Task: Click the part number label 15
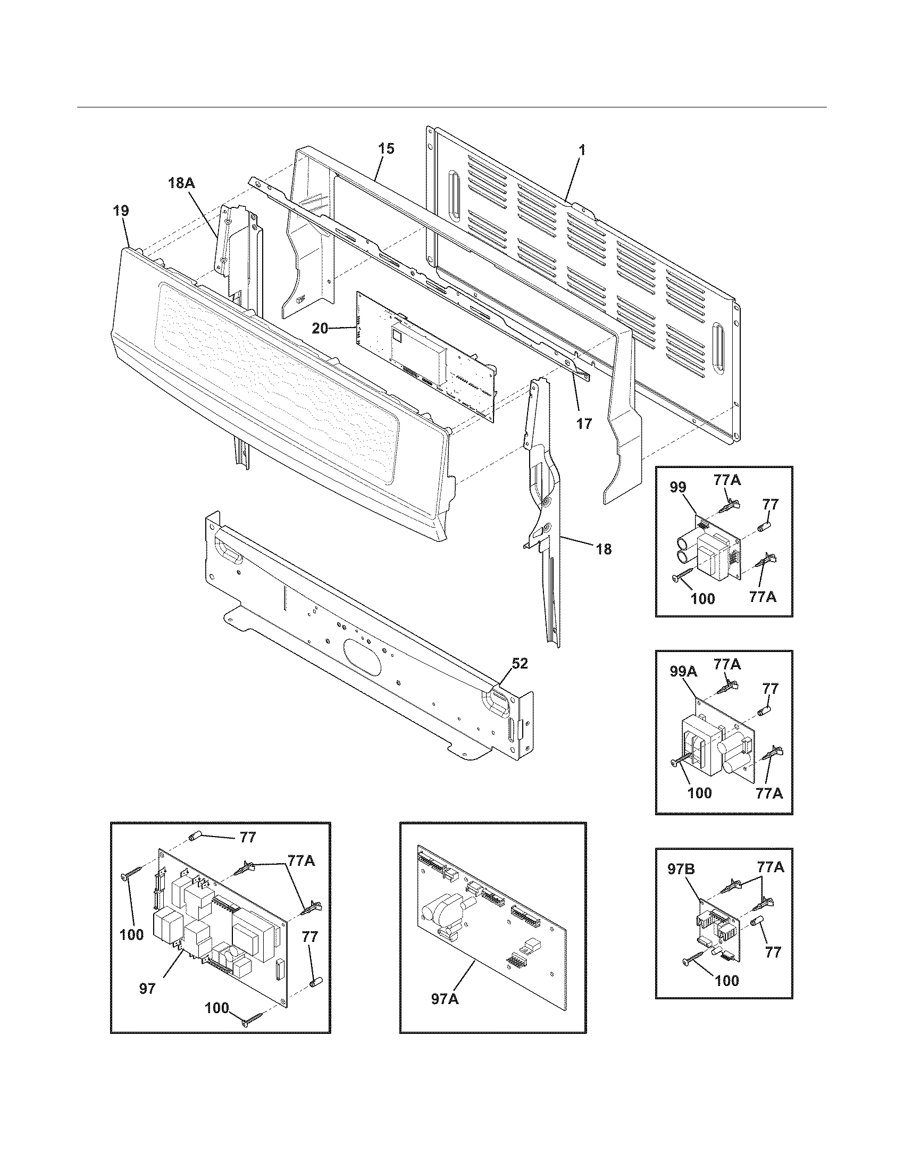point(386,149)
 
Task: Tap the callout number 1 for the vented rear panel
point(582,151)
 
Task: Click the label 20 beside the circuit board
point(320,328)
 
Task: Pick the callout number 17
point(584,423)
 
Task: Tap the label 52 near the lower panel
point(520,663)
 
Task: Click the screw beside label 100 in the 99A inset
point(679,761)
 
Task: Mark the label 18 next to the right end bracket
point(603,549)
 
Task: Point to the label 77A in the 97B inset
point(770,866)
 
